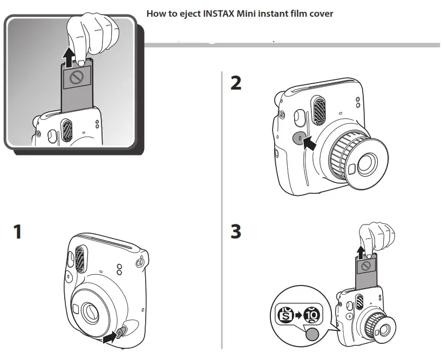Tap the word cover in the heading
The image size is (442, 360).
coord(321,13)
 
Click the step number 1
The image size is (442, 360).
coord(17,232)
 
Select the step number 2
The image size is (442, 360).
coord(236,83)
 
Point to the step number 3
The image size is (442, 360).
coord(236,232)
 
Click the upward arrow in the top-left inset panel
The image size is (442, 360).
coord(69,54)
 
